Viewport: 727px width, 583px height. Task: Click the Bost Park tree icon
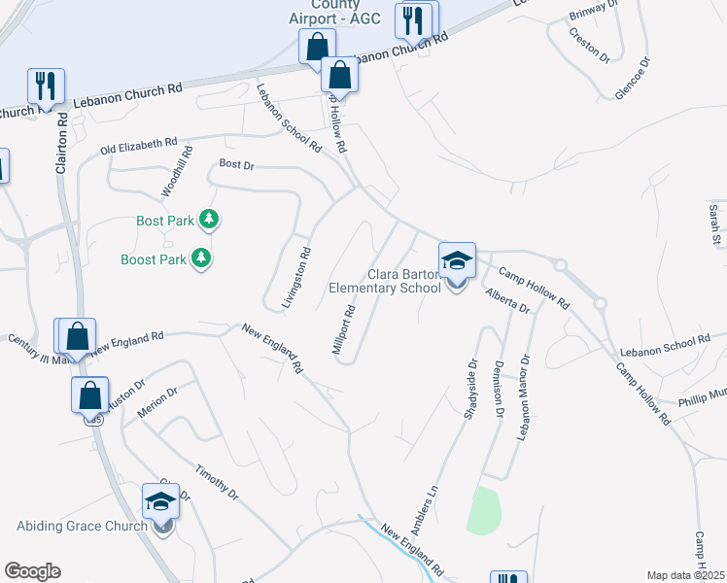pos(208,221)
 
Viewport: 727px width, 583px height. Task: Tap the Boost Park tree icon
pos(201,259)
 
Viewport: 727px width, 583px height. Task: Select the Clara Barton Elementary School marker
pos(457,262)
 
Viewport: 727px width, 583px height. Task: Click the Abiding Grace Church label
pos(82,527)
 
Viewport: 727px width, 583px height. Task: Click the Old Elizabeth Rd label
pos(139,147)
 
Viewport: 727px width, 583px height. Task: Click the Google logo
pos(32,571)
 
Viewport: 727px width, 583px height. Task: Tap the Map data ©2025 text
pos(685,575)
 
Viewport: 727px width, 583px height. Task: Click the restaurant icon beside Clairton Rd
pos(46,86)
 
